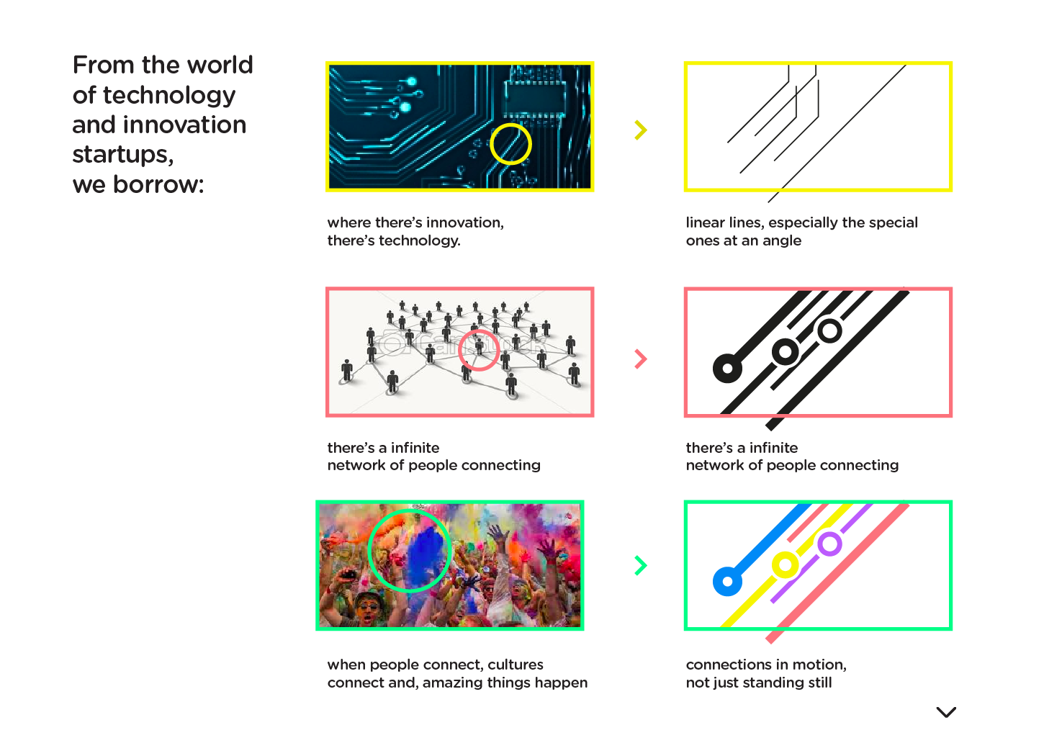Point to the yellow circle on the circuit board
pyautogui.click(x=490, y=144)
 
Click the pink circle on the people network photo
pyautogui.click(x=459, y=351)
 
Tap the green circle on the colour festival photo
pyautogui.click(x=369, y=551)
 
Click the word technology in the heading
pyautogui.click(x=169, y=96)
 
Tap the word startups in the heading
pyautogui.click(x=123, y=155)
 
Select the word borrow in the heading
pyautogui.click(x=157, y=184)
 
